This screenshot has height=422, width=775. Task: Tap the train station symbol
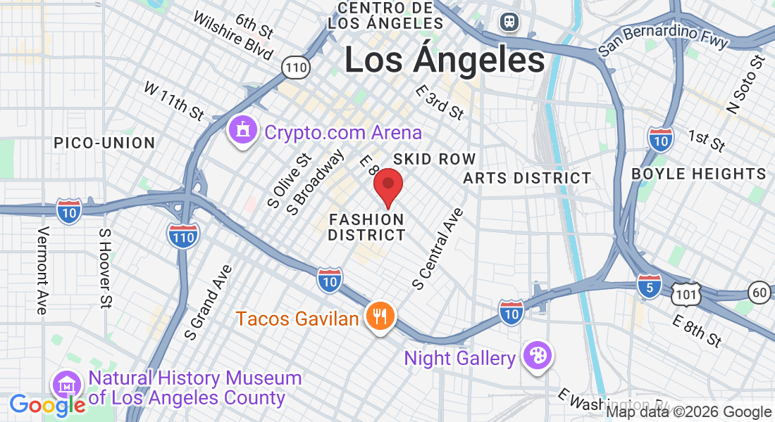pos(509,21)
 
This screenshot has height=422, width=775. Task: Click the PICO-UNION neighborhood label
pos(104,143)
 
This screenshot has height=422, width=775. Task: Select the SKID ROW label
pos(435,159)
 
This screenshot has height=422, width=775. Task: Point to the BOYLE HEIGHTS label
pos(698,174)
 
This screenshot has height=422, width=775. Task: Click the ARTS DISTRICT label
pos(527,178)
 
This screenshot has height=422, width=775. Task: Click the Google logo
pos(47,405)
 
